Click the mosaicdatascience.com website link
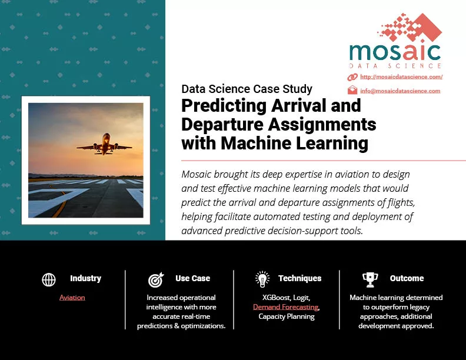click(x=401, y=77)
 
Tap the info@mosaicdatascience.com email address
click(x=400, y=91)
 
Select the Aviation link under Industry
click(x=72, y=297)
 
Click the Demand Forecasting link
click(x=285, y=307)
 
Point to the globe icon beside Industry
click(x=49, y=279)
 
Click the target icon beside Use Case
click(x=156, y=279)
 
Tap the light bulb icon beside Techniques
click(x=262, y=279)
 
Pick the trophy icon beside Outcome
click(x=370, y=280)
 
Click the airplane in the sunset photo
click(x=104, y=144)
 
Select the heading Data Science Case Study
click(x=247, y=89)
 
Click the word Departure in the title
click(x=222, y=124)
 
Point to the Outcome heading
click(x=407, y=278)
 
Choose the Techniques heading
click(x=300, y=278)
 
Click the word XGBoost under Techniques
click(x=275, y=297)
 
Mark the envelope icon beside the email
click(x=352, y=90)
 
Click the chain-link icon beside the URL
click(x=352, y=77)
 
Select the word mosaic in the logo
click(x=395, y=52)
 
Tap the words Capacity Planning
click(x=287, y=316)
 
